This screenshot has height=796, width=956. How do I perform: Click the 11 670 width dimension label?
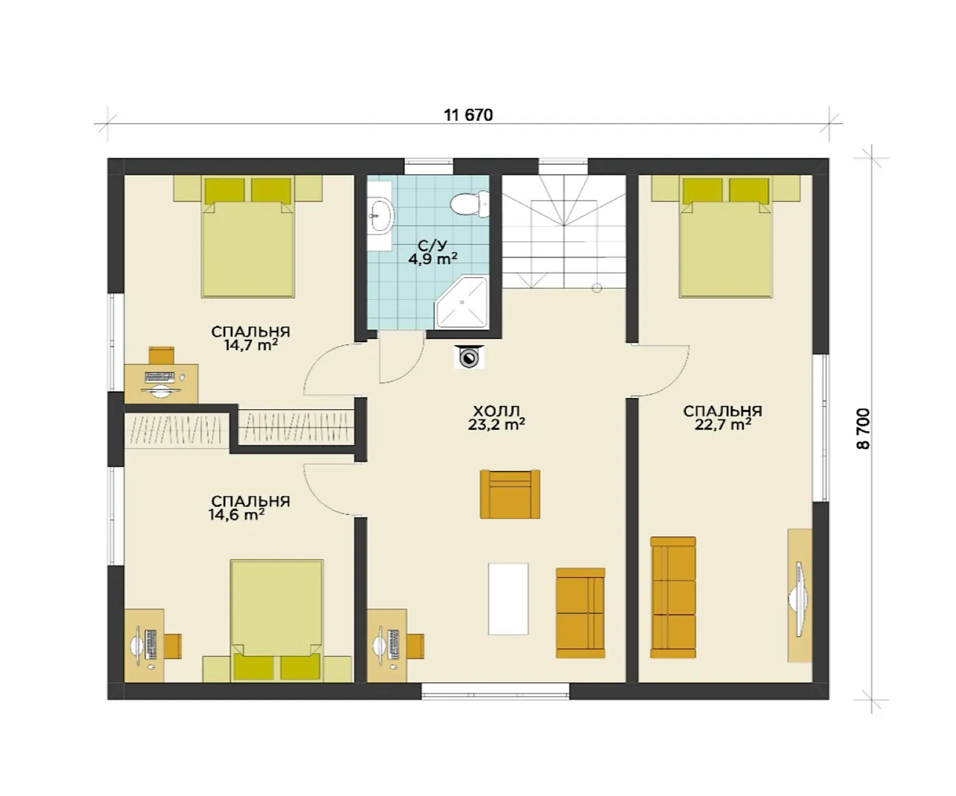pyautogui.click(x=468, y=115)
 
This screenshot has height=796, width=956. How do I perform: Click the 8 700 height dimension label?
pyautogui.click(x=862, y=429)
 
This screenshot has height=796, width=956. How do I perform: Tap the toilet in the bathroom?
pyautogui.click(x=470, y=204)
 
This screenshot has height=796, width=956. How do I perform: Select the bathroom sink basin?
pyautogui.click(x=381, y=214)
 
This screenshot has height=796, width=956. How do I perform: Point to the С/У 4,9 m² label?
pyautogui.click(x=433, y=253)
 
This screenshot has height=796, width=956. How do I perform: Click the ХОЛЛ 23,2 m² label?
pyautogui.click(x=496, y=417)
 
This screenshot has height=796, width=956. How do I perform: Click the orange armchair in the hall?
pyautogui.click(x=510, y=494)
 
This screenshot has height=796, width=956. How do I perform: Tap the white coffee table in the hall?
pyautogui.click(x=508, y=598)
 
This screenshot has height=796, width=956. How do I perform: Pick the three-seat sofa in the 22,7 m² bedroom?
pyautogui.click(x=673, y=598)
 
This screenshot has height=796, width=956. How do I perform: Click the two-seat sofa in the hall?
pyautogui.click(x=581, y=613)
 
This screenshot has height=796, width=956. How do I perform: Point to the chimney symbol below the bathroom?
pyautogui.click(x=468, y=357)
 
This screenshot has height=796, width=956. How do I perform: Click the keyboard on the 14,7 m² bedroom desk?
pyautogui.click(x=159, y=377)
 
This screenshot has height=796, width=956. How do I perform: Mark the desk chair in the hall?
pyautogui.click(x=415, y=646)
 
